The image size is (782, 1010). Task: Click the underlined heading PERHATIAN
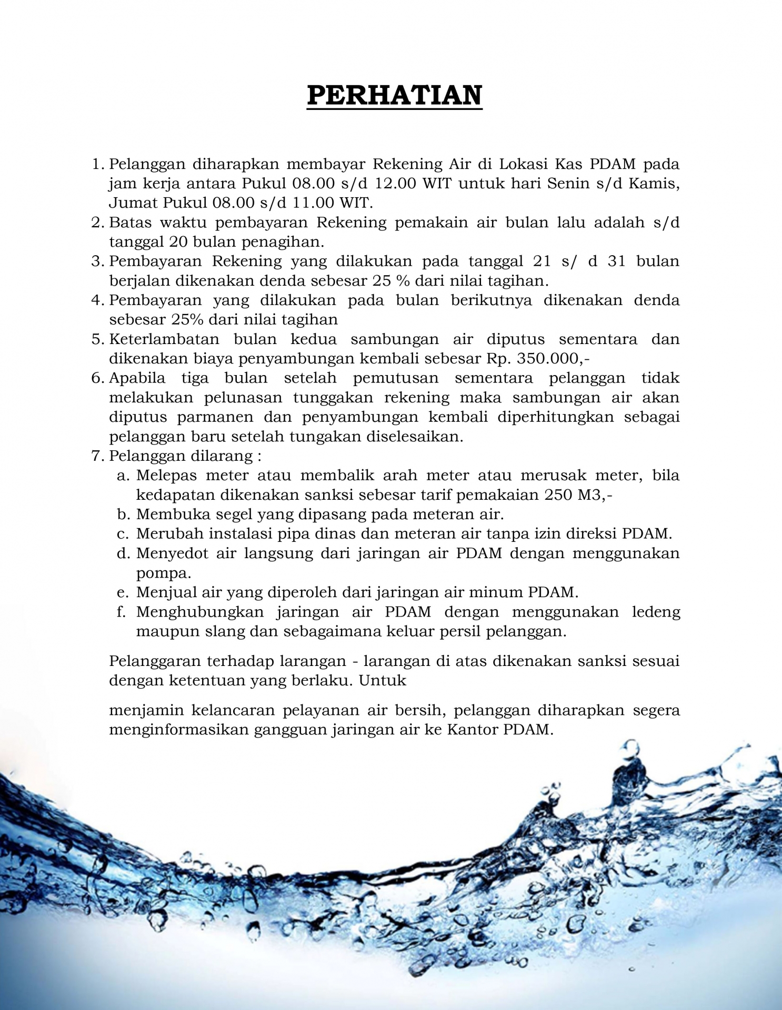coord(394,95)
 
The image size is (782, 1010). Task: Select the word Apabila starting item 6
coord(137,378)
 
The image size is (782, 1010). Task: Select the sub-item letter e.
coord(122,593)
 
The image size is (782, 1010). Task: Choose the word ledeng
coord(656,612)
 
